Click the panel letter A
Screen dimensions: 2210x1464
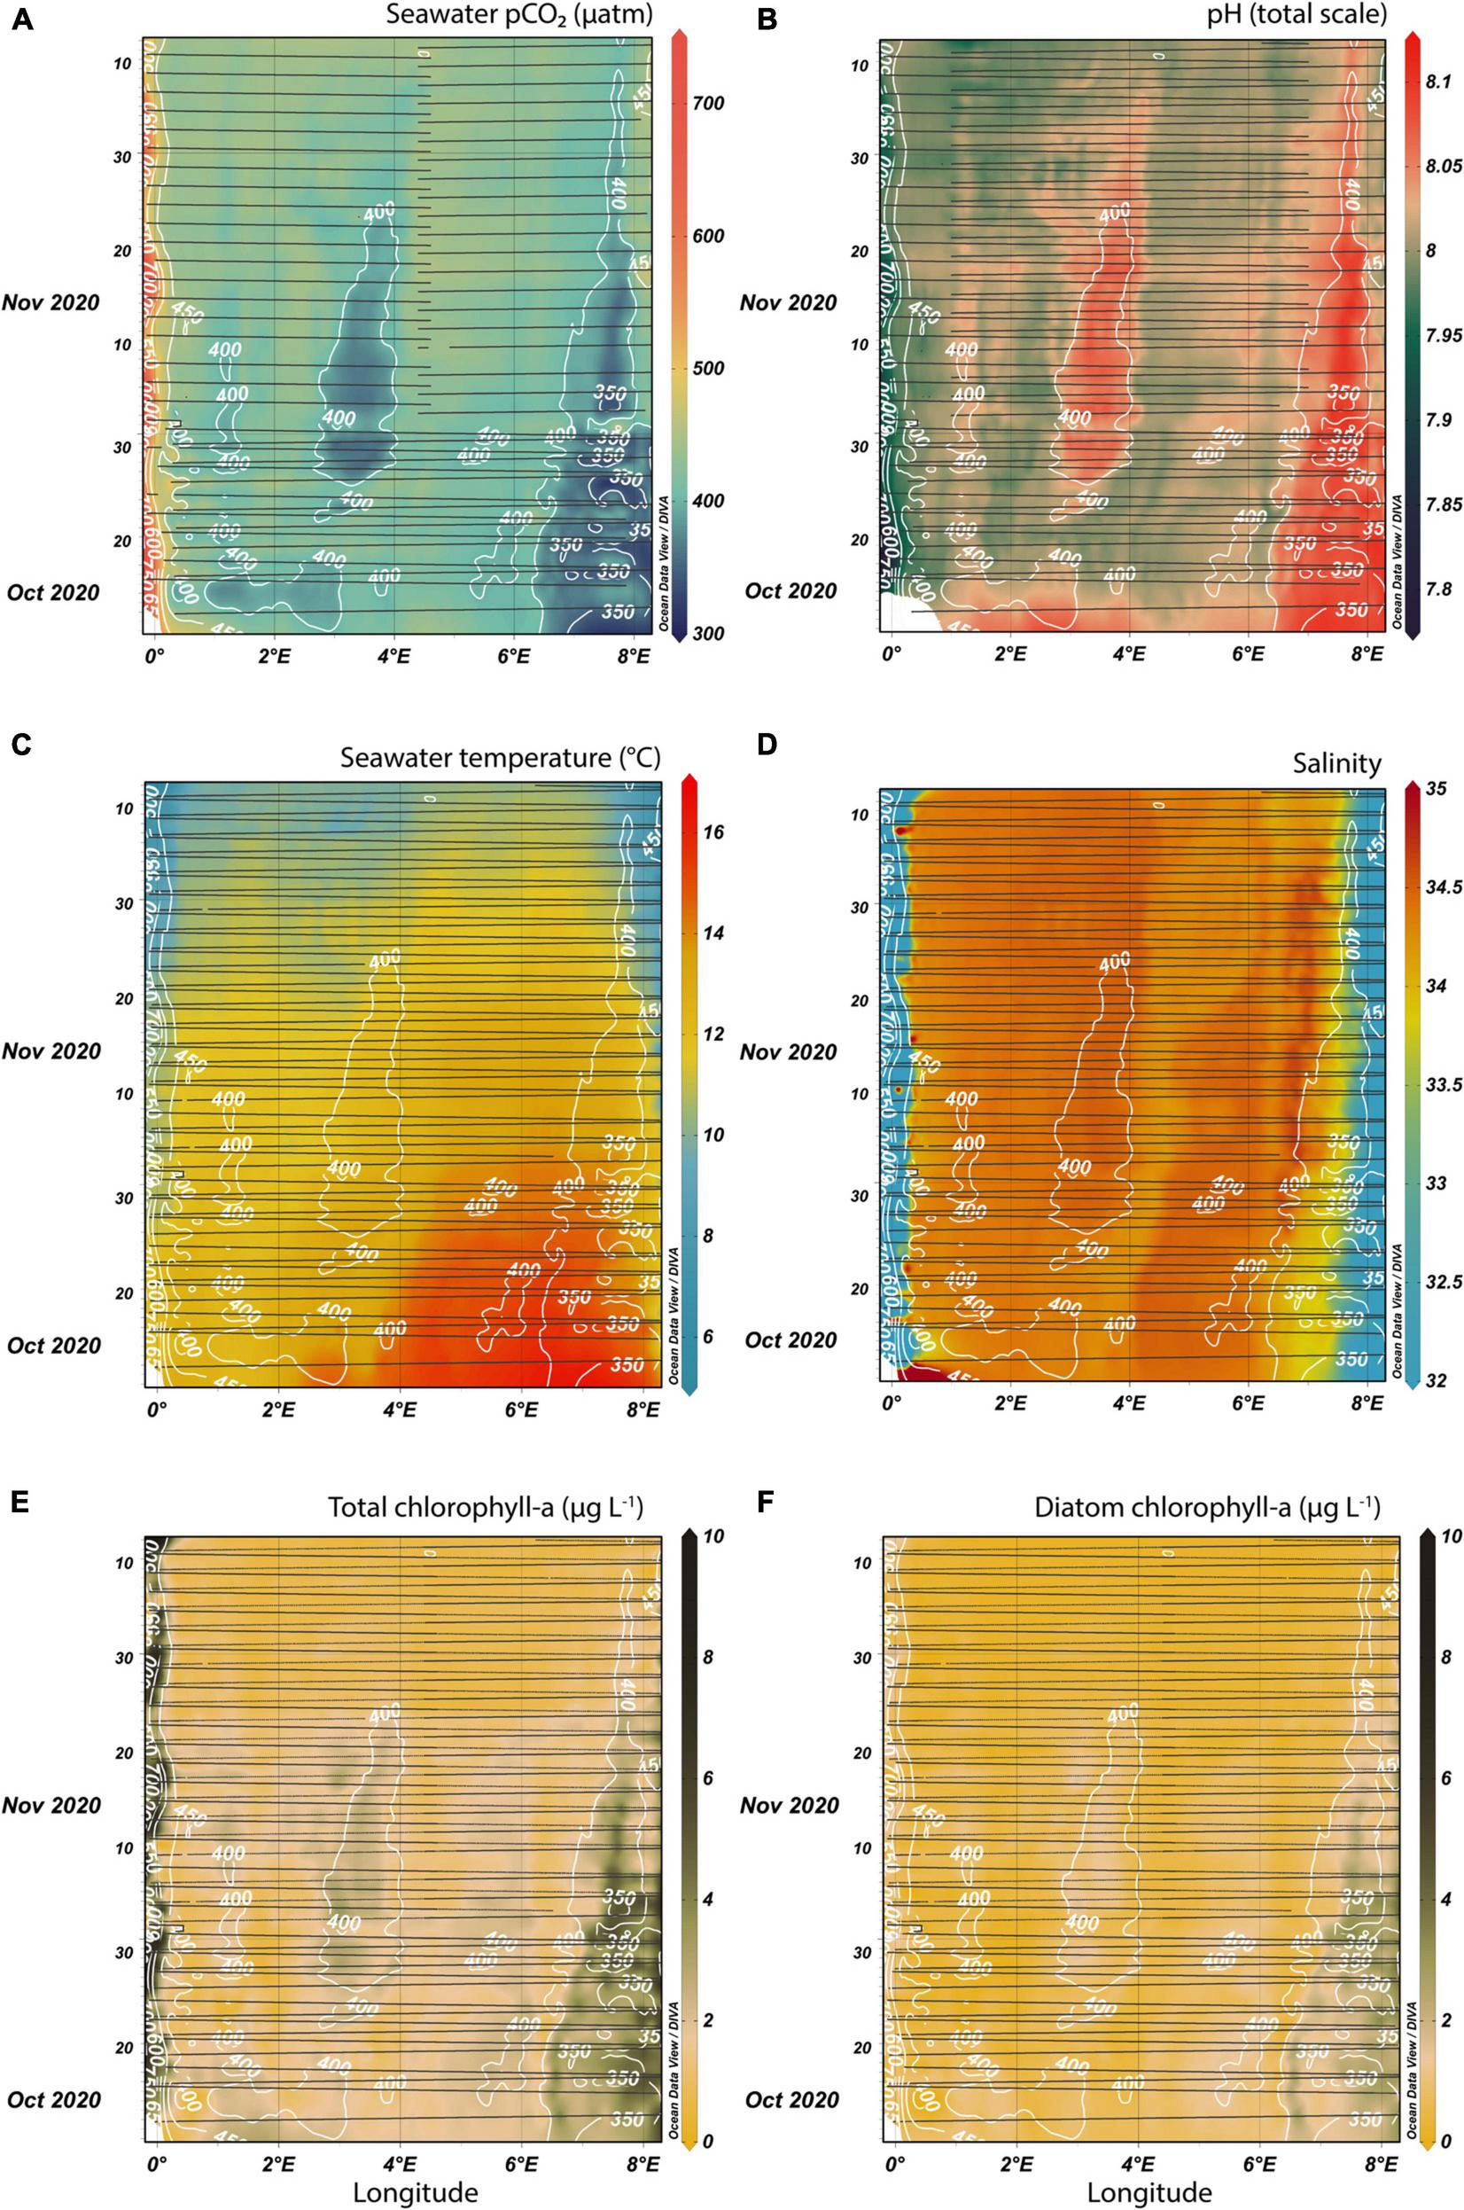22,20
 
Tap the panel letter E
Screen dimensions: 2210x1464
20,1503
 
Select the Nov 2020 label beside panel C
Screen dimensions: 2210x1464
52,1050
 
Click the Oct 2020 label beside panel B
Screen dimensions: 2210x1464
790,591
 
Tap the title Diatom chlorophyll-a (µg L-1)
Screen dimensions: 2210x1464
1206,1508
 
